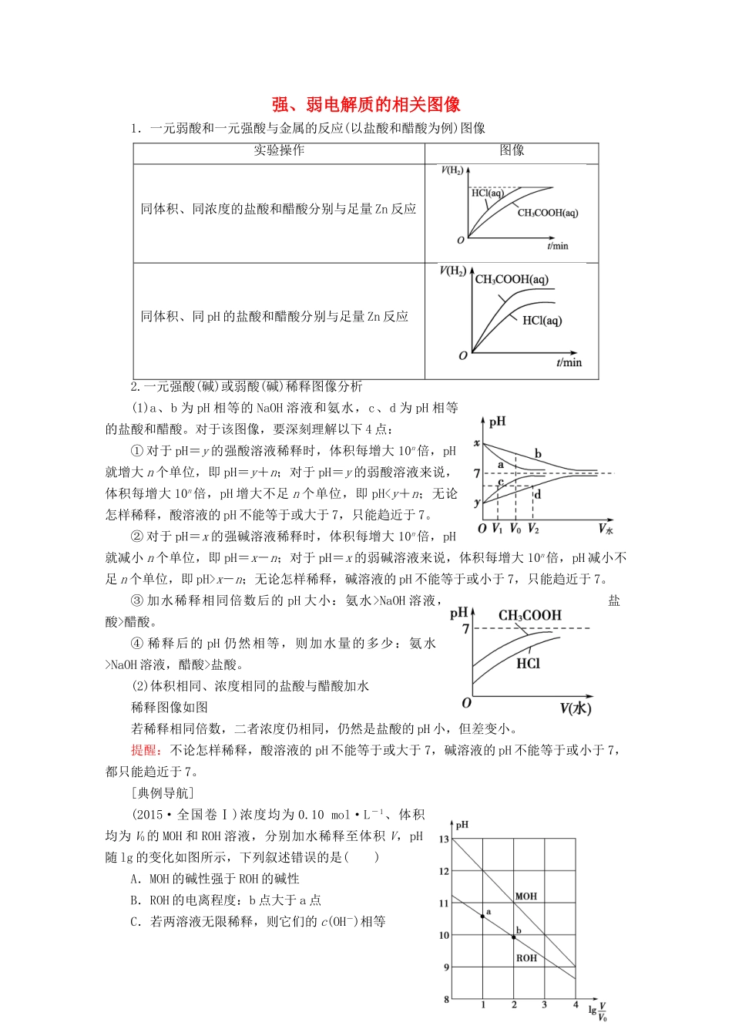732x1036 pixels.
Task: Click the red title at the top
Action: (x=366, y=105)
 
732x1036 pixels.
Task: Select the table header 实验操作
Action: (x=279, y=151)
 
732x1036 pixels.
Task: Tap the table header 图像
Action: (x=512, y=151)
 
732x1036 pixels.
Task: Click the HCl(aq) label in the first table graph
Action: (x=487, y=193)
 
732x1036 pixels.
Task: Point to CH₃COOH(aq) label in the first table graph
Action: (x=547, y=213)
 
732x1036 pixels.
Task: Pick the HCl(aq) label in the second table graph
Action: (x=542, y=321)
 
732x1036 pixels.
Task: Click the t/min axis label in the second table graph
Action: (x=569, y=362)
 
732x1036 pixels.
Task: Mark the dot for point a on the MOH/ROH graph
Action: (x=482, y=917)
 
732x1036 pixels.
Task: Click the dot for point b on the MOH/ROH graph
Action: (x=514, y=937)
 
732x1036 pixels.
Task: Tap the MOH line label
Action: (x=526, y=896)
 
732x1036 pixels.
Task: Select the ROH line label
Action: (x=526, y=958)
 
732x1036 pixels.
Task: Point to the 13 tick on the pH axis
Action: (x=444, y=839)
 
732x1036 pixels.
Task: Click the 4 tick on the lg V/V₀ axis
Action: (x=575, y=1005)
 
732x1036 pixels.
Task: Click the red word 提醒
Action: (x=144, y=750)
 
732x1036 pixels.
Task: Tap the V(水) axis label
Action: (x=575, y=708)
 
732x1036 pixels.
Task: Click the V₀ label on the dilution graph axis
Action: (x=515, y=530)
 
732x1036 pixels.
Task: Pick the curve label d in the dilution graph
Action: (x=537, y=494)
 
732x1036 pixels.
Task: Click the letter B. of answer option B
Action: (x=136, y=900)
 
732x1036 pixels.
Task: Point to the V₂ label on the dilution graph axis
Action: (x=534, y=530)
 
